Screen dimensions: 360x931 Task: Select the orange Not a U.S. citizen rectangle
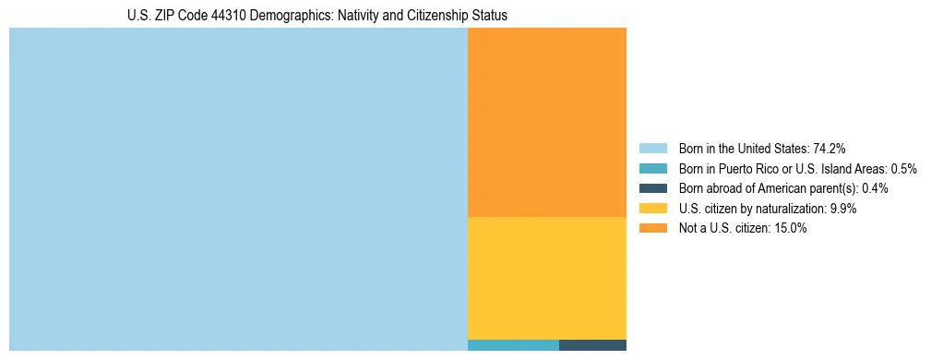pyautogui.click(x=547, y=122)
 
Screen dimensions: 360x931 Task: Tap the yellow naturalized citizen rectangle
pyautogui.click(x=547, y=278)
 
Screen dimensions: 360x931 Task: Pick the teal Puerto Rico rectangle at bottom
pyautogui.click(x=513, y=345)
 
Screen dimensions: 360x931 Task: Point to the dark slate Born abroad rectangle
pyautogui.click(x=592, y=345)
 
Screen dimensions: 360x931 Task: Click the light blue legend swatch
pyautogui.click(x=652, y=149)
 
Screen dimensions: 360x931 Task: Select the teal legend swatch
pyautogui.click(x=652, y=169)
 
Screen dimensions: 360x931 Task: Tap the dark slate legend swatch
pyautogui.click(x=652, y=188)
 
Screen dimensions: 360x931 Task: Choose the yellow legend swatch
pyautogui.click(x=652, y=209)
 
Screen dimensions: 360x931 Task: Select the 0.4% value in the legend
pyautogui.click(x=876, y=188)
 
